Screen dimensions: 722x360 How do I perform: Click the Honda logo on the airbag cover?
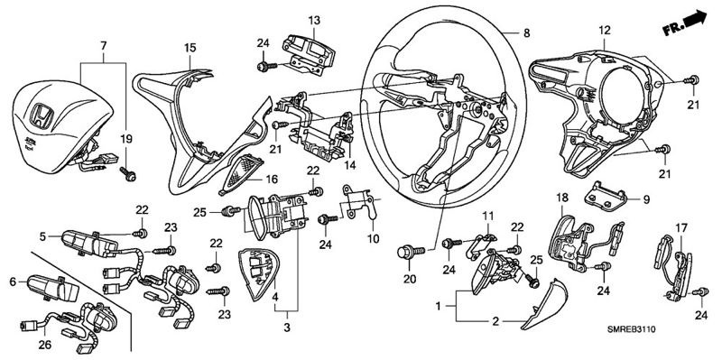42,115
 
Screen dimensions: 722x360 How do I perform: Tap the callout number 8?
527,33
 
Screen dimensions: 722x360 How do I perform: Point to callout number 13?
314,20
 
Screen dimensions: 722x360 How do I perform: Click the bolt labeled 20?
411,252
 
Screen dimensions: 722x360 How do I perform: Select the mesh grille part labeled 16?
241,171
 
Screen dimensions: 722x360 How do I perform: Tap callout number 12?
604,31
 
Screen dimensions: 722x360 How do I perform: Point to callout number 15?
190,48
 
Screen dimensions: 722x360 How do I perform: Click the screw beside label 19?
128,174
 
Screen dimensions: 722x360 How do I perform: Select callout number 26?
44,345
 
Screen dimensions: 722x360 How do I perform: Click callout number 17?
681,227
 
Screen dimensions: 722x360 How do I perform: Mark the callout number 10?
373,239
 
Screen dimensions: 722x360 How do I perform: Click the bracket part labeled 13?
309,53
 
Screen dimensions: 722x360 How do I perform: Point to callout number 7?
104,46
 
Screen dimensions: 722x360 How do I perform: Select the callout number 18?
562,197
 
